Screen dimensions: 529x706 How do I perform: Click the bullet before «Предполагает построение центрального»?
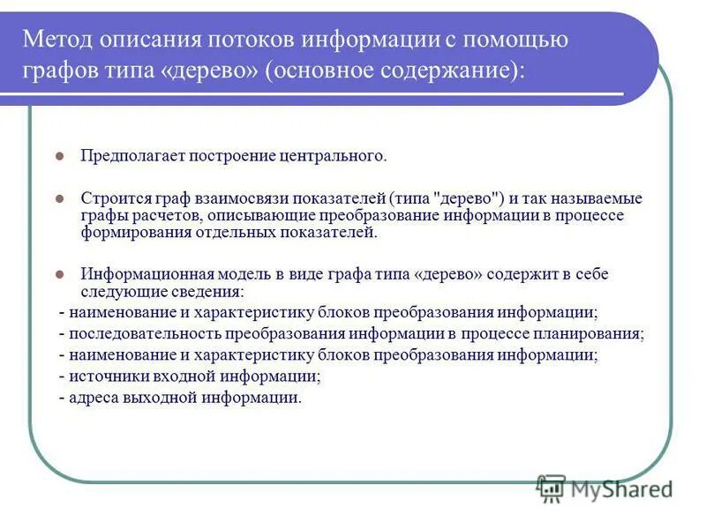[60, 156]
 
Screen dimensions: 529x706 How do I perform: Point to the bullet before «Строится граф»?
[60, 198]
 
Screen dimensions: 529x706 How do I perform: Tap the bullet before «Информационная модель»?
[60, 274]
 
